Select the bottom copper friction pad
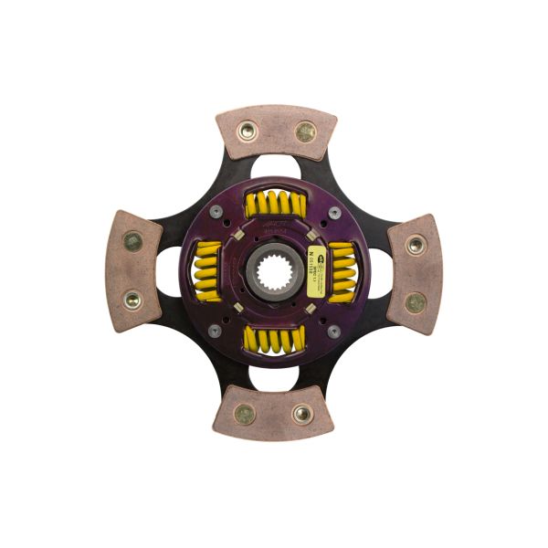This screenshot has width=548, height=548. (x=273, y=414)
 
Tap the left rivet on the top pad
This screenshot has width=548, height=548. (x=247, y=130)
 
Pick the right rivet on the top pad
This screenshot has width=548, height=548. (x=305, y=132)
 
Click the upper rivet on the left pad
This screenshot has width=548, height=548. (x=133, y=242)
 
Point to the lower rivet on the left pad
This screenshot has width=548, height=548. (x=132, y=300)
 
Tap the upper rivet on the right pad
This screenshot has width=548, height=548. (x=416, y=245)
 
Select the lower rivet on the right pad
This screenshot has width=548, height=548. (x=416, y=302)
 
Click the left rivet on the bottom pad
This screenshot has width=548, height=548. (x=244, y=414)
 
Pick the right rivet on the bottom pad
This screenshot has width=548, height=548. (x=302, y=414)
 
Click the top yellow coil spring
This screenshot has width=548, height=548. (x=275, y=204)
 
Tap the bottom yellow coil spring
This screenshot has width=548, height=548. (x=274, y=340)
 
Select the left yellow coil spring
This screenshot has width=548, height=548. (x=206, y=271)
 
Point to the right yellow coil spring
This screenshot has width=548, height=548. (x=342, y=271)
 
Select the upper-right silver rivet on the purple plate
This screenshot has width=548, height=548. (x=334, y=212)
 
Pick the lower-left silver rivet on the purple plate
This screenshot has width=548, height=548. (x=215, y=331)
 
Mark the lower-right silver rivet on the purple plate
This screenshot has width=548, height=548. (x=333, y=331)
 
